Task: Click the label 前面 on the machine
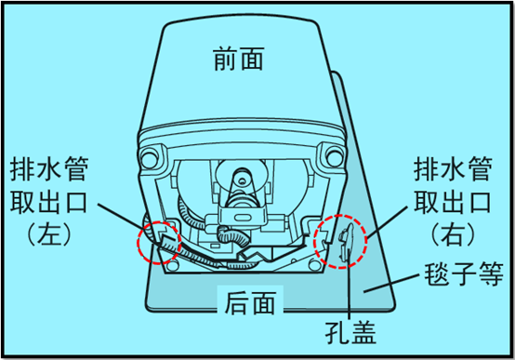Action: pos(238,60)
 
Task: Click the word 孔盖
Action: pos(350,331)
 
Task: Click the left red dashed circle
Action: pos(157,241)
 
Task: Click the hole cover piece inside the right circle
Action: pos(345,242)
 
